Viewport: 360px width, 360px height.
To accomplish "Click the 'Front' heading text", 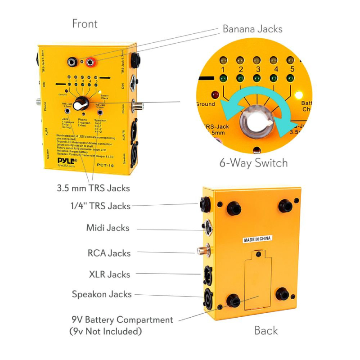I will [x=85, y=23].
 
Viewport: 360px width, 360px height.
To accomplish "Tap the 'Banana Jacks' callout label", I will [x=252, y=29].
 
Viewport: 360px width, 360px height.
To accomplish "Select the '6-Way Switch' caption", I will [x=253, y=162].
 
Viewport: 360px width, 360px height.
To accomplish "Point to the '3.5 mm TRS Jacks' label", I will [x=94, y=188].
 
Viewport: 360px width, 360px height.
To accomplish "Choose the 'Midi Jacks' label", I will [x=108, y=228].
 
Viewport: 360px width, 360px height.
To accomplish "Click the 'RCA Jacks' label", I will [x=109, y=253].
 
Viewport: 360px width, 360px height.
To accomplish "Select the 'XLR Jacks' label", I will [x=109, y=274].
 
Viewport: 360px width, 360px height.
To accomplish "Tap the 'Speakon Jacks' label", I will [x=102, y=294].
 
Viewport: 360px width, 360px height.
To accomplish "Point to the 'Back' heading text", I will [x=266, y=330].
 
